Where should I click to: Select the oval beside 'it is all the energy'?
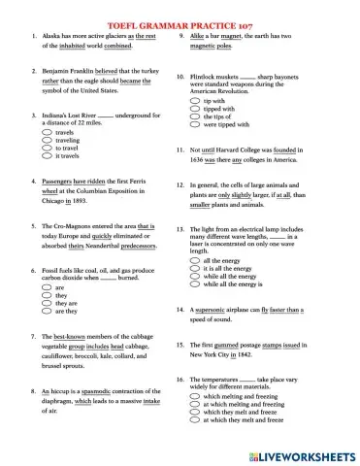pyautogui.click(x=195, y=269)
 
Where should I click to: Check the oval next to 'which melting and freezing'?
pyautogui.click(x=195, y=396)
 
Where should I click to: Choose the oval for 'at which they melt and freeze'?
pyautogui.click(x=195, y=419)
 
